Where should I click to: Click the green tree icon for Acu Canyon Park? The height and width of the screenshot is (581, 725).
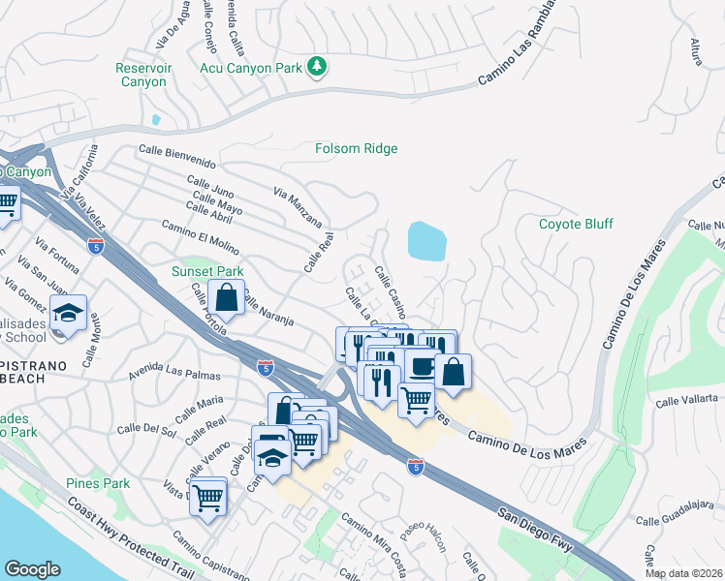click(x=316, y=66)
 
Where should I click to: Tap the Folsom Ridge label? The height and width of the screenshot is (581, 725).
click(x=357, y=149)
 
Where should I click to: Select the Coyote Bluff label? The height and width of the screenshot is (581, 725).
click(x=576, y=225)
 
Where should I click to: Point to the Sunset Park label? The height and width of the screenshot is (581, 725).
click(x=207, y=272)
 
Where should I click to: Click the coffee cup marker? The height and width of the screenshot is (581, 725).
click(x=422, y=367)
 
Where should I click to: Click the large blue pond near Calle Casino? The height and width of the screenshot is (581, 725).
click(x=427, y=241)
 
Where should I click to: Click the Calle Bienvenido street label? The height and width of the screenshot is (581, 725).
click(x=176, y=150)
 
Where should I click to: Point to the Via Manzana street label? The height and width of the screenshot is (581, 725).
click(x=298, y=208)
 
